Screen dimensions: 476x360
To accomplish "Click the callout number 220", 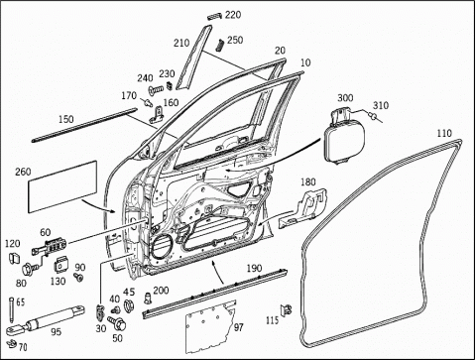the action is click(x=233, y=15).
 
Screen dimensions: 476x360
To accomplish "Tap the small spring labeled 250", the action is click(x=221, y=46).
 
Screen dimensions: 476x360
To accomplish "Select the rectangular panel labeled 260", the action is click(x=62, y=186).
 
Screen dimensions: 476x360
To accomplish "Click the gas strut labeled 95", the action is click(x=46, y=319).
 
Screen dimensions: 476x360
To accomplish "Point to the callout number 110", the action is click(x=444, y=133).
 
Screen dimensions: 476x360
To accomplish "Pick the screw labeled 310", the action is click(x=373, y=116).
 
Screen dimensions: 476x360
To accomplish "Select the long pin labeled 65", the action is click(x=12, y=309).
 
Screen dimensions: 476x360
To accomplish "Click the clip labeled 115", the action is click(x=287, y=309).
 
